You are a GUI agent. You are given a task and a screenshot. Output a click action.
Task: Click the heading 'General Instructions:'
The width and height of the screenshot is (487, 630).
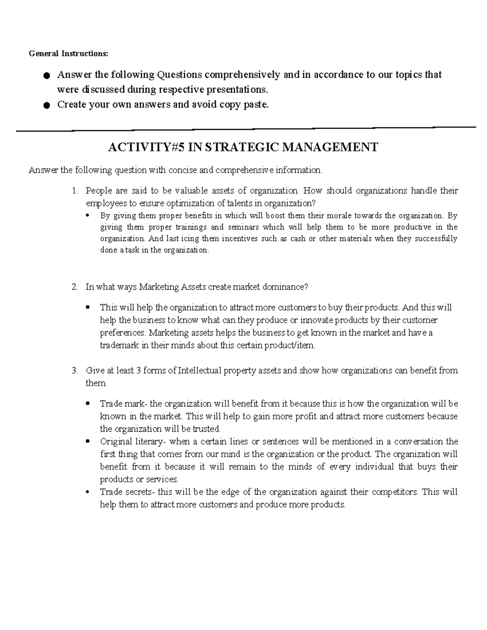[69, 54]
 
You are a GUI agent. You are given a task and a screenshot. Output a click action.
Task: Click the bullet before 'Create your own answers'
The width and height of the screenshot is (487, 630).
[47, 105]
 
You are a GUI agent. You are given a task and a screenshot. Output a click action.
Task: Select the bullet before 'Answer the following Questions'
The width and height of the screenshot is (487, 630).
[47, 75]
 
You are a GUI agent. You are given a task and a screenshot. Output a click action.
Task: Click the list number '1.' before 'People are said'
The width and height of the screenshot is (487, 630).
[74, 191]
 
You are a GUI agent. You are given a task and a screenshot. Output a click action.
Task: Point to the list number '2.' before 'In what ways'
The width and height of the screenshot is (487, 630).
[74, 287]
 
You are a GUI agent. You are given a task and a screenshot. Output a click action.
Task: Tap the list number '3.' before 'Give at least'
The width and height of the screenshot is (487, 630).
[74, 370]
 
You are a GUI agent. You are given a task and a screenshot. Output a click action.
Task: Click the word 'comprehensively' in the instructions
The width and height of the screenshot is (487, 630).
[242, 75]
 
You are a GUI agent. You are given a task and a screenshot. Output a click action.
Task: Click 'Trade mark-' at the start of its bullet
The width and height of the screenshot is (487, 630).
[124, 404]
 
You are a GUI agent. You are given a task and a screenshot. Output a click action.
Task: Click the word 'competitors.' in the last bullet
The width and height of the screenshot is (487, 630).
[394, 492]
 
